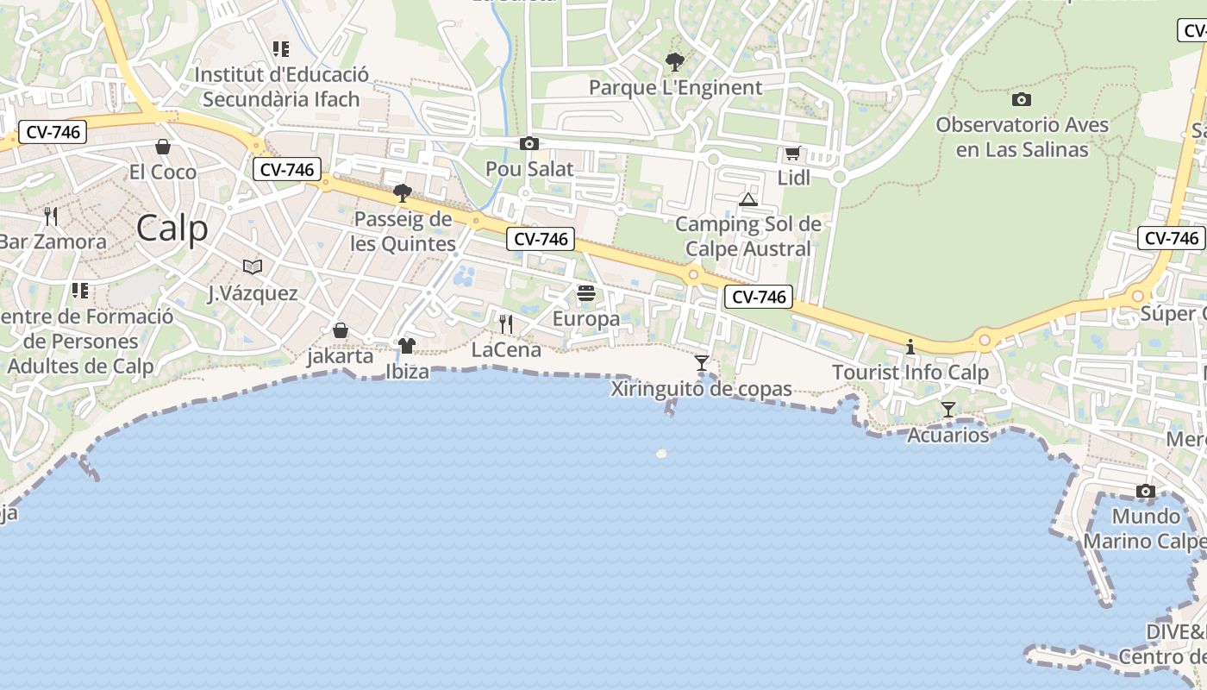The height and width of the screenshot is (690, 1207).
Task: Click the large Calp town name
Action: coord(172,229)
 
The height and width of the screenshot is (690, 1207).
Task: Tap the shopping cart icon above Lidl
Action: coord(792,154)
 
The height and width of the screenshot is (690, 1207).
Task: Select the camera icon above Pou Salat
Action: coord(529,143)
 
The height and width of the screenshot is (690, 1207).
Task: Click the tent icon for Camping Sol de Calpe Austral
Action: coord(747,200)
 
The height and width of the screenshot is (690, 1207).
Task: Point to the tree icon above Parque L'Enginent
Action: coord(675,62)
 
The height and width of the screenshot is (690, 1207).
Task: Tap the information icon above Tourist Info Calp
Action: coord(910,347)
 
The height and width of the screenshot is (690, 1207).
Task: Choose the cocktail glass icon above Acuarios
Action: coord(948,409)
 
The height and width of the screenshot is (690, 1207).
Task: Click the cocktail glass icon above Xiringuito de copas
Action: coord(702,363)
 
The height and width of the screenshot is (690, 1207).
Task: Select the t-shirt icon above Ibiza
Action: coord(406,346)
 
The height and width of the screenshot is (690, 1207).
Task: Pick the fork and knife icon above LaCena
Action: coord(506,323)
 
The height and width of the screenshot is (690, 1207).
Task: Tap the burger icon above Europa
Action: coord(586,293)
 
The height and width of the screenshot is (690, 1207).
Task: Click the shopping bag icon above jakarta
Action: coord(341,330)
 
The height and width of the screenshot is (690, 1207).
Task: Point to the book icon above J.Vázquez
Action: coord(253,267)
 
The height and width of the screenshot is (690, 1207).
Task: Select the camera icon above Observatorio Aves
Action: coord(1022,99)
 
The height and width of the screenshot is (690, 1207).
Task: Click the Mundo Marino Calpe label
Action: coord(1146,529)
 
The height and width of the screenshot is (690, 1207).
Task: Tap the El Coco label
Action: coord(163,172)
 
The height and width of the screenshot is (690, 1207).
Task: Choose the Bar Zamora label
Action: coord(52,241)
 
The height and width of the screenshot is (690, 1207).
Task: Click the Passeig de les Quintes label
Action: coord(403,231)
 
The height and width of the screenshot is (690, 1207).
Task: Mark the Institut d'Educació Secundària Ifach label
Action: coord(281,86)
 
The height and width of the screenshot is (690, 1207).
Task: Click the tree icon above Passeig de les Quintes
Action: coord(402,192)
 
